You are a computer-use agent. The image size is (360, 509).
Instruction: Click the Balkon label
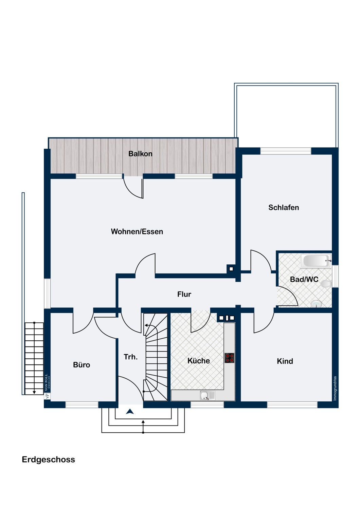[x=140, y=154]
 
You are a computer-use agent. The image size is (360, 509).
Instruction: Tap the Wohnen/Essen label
[x=137, y=231]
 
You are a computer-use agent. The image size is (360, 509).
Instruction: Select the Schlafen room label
[x=284, y=207]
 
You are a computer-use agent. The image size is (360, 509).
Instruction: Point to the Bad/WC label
[x=304, y=279]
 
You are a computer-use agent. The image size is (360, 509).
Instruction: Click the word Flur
[x=184, y=294]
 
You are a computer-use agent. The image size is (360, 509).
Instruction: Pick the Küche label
[x=199, y=361]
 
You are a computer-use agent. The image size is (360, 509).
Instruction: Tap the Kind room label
[x=285, y=361]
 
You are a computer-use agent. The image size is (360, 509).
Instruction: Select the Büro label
[x=82, y=365]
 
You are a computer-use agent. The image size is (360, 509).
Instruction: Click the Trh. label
[x=130, y=357]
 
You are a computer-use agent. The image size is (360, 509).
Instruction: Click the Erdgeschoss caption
[x=49, y=459]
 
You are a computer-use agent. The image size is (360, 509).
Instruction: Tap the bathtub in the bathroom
[x=316, y=261]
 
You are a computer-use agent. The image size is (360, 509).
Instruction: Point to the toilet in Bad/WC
[x=326, y=284]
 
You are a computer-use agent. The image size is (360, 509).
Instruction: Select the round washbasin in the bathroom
[x=316, y=303]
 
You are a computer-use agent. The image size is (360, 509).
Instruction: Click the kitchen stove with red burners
[x=230, y=358]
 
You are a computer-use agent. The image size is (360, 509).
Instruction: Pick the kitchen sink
[x=208, y=396]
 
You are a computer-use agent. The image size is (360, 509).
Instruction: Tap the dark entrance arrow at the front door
[x=130, y=411]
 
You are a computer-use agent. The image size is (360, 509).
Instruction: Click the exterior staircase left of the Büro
[x=34, y=358]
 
